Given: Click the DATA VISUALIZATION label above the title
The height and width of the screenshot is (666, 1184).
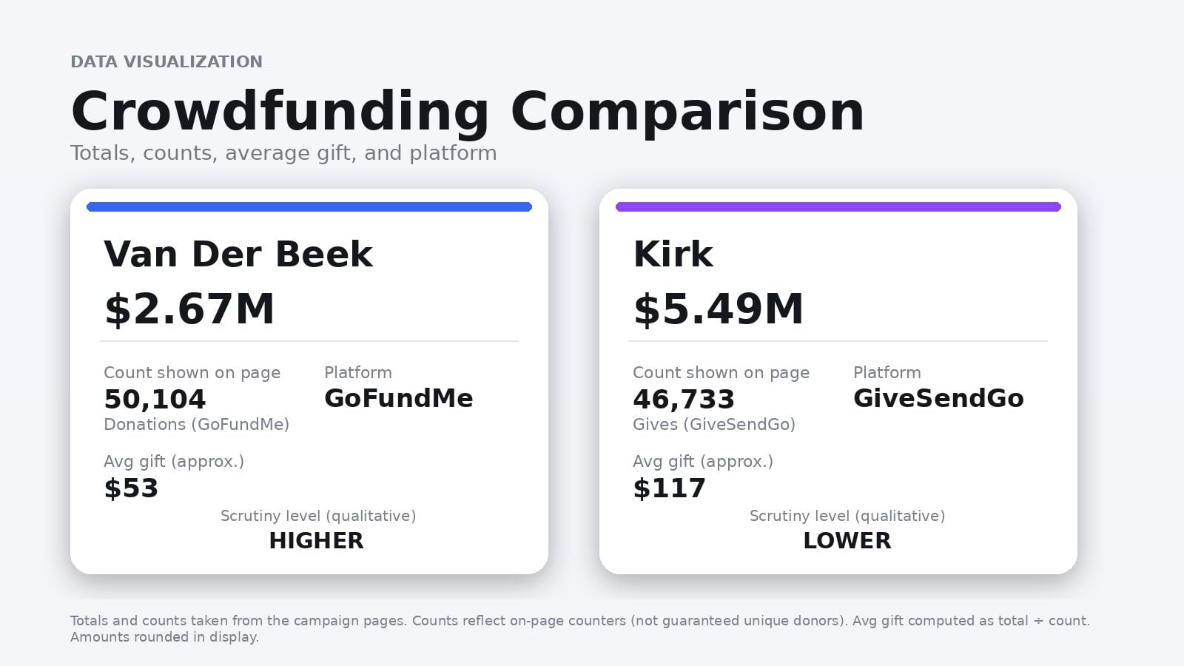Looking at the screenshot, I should pos(166,61).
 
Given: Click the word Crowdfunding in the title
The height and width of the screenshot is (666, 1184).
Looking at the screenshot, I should pos(280,112).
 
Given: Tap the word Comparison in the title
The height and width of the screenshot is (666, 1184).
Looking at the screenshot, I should pos(687,112).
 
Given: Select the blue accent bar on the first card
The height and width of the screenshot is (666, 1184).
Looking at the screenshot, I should pos(309,207).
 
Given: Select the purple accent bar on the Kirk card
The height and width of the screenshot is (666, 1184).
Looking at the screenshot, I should pos(838,207).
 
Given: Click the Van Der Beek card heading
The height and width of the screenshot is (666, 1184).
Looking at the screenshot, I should pos(238,254).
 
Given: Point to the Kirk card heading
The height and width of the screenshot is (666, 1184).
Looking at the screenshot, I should pos(673,254).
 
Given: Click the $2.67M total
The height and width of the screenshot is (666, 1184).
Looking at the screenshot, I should pos(189,309).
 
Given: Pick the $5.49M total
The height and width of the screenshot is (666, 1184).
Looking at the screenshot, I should pos(719,309).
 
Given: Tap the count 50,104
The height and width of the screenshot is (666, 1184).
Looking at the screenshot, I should pos(155,400).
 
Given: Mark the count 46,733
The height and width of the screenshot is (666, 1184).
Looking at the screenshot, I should pos(684,400).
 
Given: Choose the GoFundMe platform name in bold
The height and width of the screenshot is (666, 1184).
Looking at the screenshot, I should pos(399,398).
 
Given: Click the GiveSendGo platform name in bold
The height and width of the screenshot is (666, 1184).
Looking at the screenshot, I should pos(938,398).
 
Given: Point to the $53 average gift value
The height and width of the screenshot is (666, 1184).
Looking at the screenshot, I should pos(131,488).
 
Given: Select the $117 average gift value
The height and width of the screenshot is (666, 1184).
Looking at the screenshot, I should pos(669,488).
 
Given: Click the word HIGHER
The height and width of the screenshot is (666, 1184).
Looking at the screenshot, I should pos(317,541).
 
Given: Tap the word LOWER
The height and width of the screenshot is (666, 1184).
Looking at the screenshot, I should pos(847,541).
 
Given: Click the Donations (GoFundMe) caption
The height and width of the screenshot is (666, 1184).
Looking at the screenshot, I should pos(196,425).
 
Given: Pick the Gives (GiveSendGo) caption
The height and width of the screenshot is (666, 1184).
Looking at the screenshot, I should pos(714,425).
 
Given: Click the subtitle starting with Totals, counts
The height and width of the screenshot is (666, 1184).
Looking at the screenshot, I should pos(283,153).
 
